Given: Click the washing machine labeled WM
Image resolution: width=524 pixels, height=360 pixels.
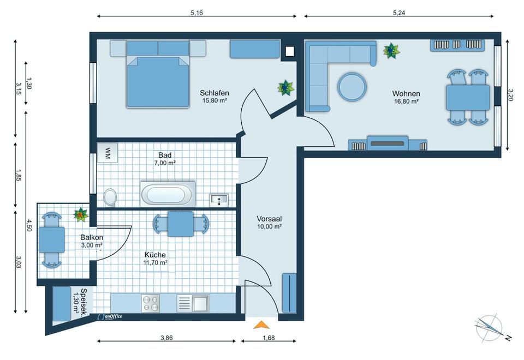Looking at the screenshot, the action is (108, 153).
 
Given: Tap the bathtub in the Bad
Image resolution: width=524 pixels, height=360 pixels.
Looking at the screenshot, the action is (168, 194).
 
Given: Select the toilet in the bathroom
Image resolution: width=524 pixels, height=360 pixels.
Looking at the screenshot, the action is (110, 197).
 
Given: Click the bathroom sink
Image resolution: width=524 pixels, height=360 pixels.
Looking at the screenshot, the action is (219, 200).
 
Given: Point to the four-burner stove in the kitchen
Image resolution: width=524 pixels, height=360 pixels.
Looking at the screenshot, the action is (151, 303).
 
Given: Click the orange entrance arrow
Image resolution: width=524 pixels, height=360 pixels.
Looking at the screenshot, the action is (261, 325).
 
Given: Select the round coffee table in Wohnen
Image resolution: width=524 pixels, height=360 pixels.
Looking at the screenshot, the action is (352, 87).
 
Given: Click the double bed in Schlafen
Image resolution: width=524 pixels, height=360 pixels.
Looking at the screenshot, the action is (158, 74).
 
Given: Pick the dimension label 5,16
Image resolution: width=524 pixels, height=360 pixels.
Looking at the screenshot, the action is (196, 13).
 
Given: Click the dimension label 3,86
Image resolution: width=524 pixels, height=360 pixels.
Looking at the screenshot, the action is (166, 338).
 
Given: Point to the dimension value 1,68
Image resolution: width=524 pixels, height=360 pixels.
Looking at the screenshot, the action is (269, 338).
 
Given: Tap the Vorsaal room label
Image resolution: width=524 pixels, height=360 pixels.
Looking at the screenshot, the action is (269, 219).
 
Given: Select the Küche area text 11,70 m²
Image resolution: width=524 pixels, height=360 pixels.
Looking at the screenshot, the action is (155, 262).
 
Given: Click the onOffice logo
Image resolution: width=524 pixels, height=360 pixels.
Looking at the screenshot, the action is (110, 316).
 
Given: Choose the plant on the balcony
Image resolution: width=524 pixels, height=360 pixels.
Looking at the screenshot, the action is (81, 214).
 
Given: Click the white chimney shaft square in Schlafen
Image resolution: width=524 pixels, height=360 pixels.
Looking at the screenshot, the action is (289, 51).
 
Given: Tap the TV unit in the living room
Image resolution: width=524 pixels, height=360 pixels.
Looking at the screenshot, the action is (388, 143).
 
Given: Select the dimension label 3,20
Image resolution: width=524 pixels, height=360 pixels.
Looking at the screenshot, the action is (510, 95).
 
